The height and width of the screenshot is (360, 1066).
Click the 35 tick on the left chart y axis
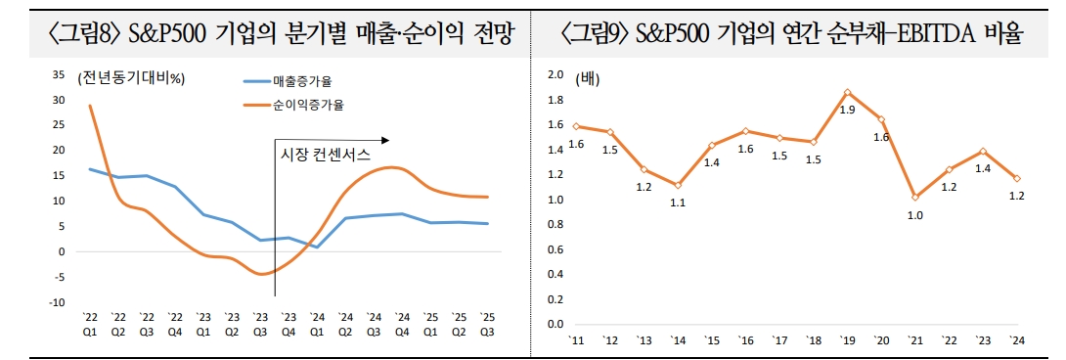pyautogui.click(x=59, y=75)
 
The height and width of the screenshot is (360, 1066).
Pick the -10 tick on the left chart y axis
pyautogui.click(x=57, y=302)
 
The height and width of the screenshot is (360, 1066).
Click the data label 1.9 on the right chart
pyautogui.click(x=847, y=110)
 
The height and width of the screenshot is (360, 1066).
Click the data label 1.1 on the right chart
pyautogui.click(x=677, y=202)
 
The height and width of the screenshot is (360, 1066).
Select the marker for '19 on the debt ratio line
pyautogui.click(x=847, y=92)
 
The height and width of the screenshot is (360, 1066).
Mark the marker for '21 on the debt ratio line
pyautogui.click(x=914, y=198)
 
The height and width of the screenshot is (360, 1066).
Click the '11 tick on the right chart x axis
pyautogui.click(x=576, y=339)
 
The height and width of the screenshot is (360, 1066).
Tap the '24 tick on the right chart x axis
pyautogui.click(x=1017, y=339)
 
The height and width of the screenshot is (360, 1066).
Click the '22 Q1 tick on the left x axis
pyautogui.click(x=90, y=323)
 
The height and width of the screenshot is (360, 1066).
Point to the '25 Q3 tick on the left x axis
pyautogui.click(x=487, y=323)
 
